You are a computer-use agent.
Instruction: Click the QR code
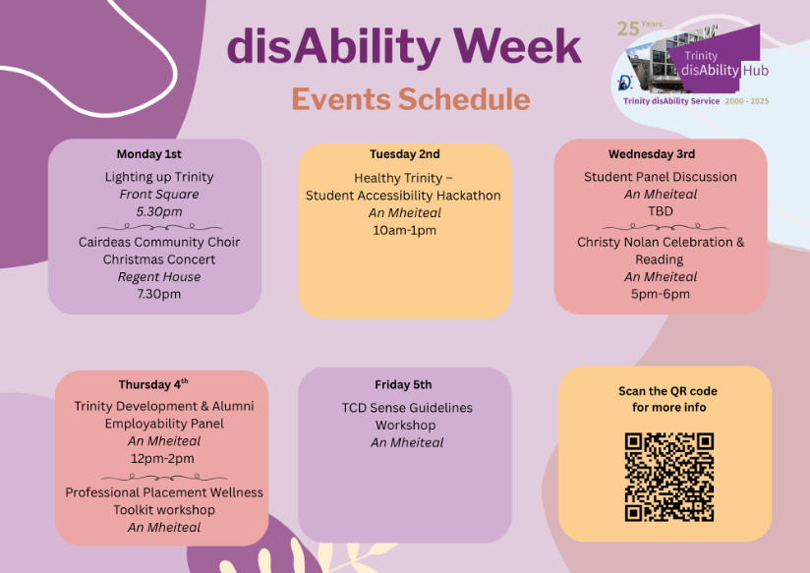669,477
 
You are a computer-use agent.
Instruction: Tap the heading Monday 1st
148,154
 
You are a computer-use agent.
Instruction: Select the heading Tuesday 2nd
404,154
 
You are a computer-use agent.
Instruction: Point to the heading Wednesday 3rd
652,154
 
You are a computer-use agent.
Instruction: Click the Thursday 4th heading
153,384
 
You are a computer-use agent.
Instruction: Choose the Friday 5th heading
403,384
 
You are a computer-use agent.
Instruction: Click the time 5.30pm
159,212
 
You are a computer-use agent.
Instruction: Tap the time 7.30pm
158,294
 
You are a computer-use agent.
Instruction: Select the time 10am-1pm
404,230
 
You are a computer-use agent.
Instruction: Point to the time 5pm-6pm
661,294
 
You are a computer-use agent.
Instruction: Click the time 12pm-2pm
162,458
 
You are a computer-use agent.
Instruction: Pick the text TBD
661,211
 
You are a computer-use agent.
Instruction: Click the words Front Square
159,195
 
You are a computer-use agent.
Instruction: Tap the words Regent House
159,277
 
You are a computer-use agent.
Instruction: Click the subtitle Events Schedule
411,98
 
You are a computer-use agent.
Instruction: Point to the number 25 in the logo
627,29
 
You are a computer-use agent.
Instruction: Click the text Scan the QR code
667,391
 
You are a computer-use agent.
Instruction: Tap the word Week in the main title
517,46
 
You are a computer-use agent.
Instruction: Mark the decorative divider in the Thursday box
164,477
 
